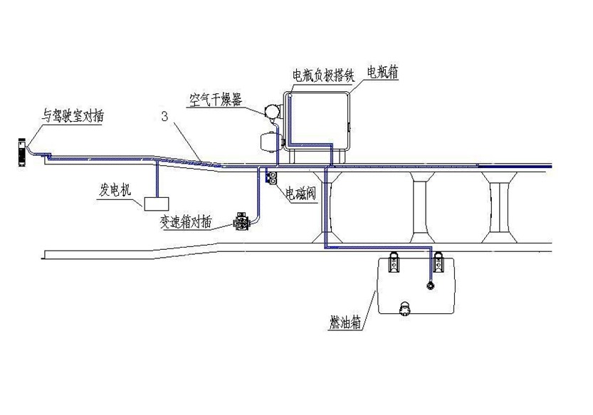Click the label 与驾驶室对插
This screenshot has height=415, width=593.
tap(72, 116)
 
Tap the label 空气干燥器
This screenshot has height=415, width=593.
tap(216, 100)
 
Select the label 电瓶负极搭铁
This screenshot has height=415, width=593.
tap(324, 75)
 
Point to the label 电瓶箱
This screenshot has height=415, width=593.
tap(383, 72)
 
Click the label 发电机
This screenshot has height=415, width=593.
tap(115, 190)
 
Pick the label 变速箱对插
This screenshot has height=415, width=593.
tap(186, 223)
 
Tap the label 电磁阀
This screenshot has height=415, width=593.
tap(300, 194)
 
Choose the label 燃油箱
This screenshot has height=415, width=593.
tap(345, 322)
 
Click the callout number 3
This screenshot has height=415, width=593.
tap(164, 117)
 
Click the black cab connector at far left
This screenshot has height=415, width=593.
tap(22, 152)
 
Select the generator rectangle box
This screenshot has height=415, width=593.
tap(156, 204)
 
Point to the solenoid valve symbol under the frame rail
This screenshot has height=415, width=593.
tap(271, 178)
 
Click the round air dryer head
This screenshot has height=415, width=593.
tap(271, 111)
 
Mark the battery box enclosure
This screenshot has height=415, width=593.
tap(317, 121)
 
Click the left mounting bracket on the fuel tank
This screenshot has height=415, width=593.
tap(394, 262)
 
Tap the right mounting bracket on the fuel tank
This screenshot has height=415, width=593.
tap(439, 262)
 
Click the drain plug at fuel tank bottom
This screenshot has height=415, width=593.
tap(404, 308)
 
